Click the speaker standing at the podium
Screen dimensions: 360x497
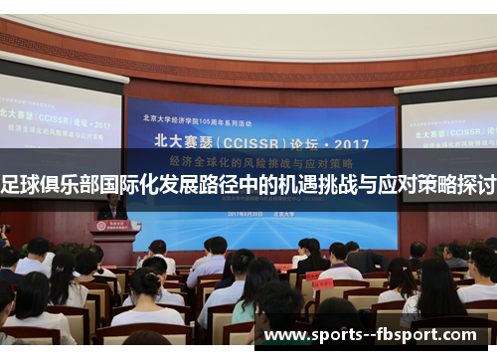pos(112,208)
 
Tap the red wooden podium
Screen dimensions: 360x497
pos(115,242)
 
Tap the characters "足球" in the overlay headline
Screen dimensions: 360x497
pos(21,185)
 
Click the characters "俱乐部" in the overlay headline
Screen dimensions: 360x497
pos(73,185)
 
